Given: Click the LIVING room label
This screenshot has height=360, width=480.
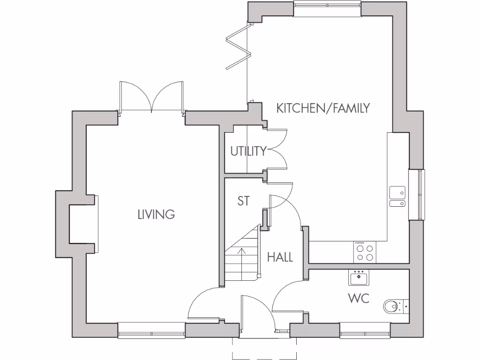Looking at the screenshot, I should pos(156,215).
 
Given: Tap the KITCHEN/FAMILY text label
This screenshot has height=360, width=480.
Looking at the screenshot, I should pos(323,108).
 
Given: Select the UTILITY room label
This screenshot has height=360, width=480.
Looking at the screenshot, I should pos(248,151).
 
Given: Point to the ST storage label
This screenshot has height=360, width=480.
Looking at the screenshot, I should pos(243,201).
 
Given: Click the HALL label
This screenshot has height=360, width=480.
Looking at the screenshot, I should pos(280,257).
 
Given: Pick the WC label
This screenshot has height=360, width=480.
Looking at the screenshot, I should pos(359,298).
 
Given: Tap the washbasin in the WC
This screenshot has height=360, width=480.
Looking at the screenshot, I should pos(359,277).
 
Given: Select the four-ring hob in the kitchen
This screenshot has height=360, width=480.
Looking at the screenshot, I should pos(364,253).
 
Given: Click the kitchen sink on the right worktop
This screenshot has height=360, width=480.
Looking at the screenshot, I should pos(397,196).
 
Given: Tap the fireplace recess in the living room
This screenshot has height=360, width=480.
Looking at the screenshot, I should pos(83,224).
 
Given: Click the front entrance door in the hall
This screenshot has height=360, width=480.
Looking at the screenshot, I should pos(255,314).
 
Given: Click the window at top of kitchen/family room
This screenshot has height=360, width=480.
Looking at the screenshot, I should pos(327,5).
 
